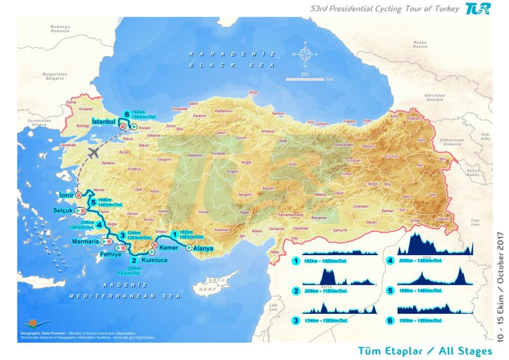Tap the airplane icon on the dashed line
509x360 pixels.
click(x=92, y=153)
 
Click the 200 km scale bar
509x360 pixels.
click(x=305, y=79)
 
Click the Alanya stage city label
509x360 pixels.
click(x=203, y=249)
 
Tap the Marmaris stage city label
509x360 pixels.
click(x=86, y=241)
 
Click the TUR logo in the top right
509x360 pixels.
click(x=478, y=8)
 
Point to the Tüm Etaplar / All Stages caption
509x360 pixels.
click(x=424, y=351)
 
